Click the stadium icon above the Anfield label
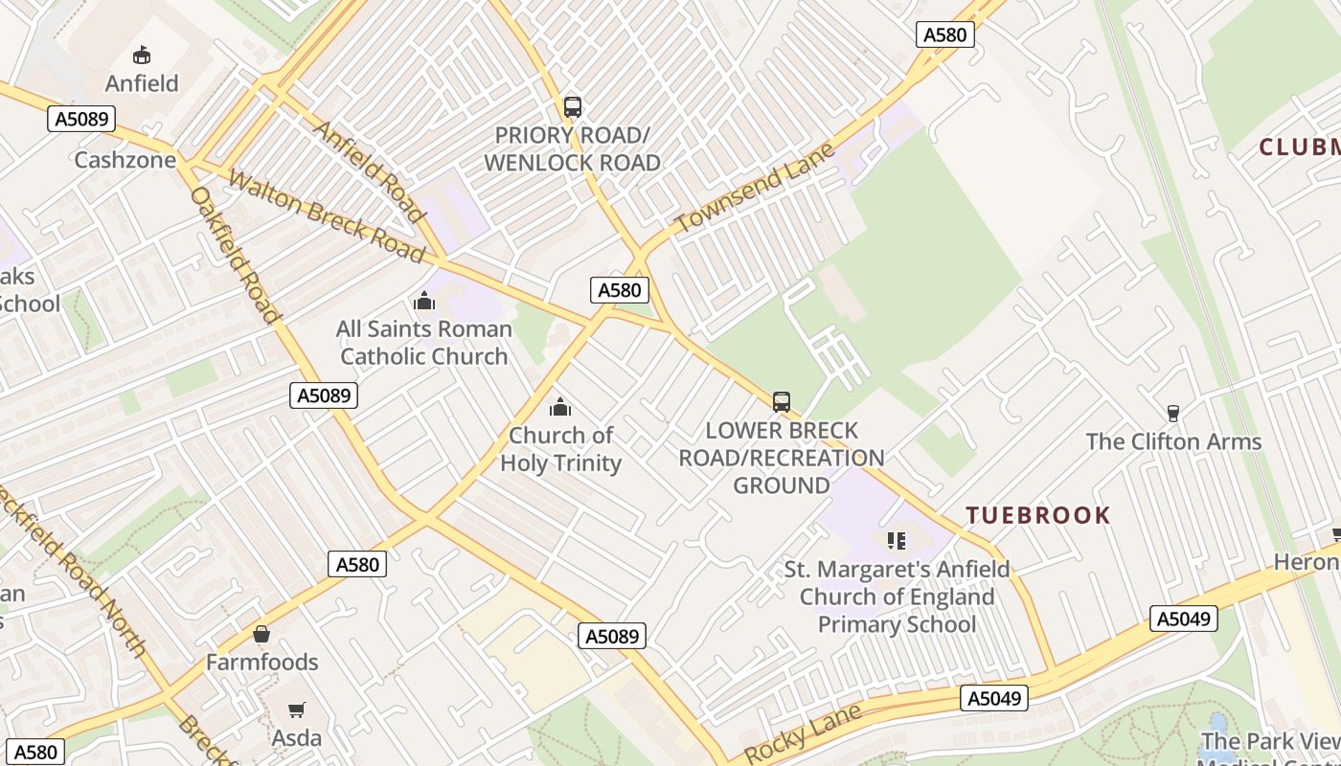point(142,55)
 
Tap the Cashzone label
point(125,159)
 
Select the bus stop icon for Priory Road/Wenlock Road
point(573,107)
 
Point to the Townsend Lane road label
point(754,188)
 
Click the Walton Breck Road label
point(326,217)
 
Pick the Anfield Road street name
point(368,171)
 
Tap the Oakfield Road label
point(236,255)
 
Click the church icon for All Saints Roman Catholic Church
point(424,302)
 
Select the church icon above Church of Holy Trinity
point(560,408)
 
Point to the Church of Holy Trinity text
point(560,449)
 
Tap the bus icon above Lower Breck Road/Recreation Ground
point(782,402)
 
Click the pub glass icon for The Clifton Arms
point(1173,414)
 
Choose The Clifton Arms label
point(1173,441)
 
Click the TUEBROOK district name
point(1038,515)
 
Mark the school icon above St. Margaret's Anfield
point(897,541)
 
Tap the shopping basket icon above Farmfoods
point(261,634)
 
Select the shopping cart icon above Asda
point(297,710)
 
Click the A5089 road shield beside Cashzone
point(81,119)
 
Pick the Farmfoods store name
point(261,662)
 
